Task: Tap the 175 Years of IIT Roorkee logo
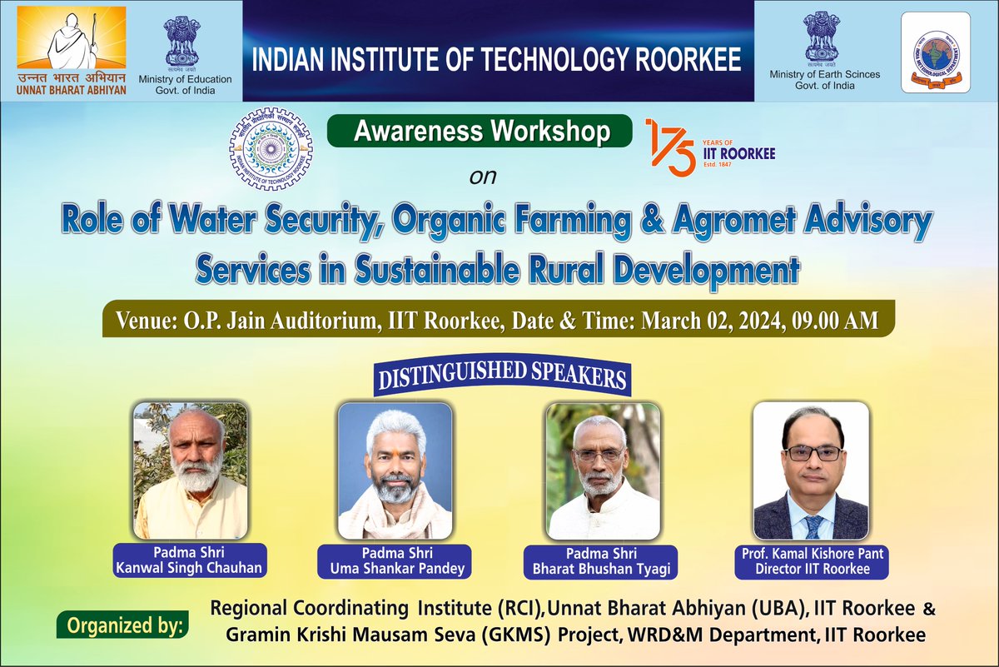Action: point(709,147)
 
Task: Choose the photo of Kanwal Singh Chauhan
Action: point(191,470)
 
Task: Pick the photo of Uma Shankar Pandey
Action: point(395,470)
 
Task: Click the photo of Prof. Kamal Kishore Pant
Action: point(810,470)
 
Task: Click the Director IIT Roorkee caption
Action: point(810,570)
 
